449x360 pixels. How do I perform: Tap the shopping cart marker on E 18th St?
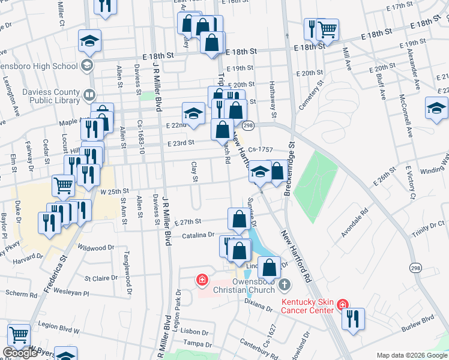327,28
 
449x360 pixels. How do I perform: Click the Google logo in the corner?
20,353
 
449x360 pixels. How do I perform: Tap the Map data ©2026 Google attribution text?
412,355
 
